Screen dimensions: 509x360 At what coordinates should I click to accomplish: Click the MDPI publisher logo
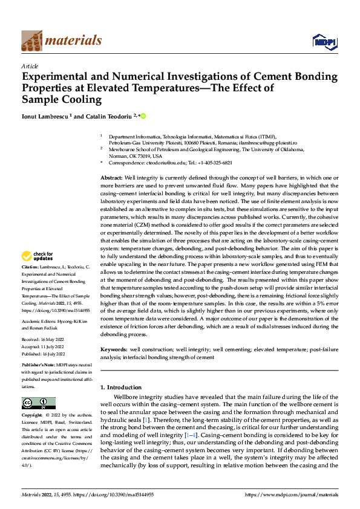pyautogui.click(x=324, y=41)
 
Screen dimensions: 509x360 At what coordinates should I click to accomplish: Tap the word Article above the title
pyautogui.click(x=30, y=66)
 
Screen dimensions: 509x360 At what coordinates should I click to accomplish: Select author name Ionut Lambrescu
pyautogui.click(x=46, y=116)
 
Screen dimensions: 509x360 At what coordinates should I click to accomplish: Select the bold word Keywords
pyautogui.click(x=113, y=349)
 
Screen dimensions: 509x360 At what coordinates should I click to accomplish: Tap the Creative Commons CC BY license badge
pyautogui.click(x=38, y=403)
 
